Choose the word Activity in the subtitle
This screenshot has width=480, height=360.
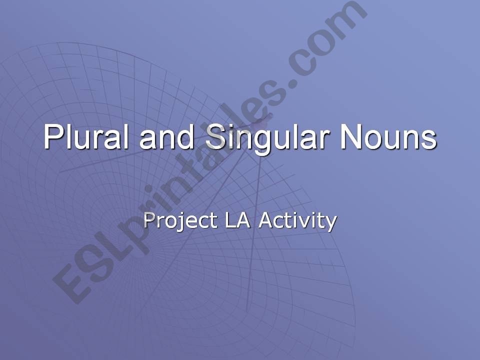tap(297, 220)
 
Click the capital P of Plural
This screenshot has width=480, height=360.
tap(52, 136)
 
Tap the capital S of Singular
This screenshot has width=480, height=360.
tap(215, 136)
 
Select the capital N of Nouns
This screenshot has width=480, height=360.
tap(349, 136)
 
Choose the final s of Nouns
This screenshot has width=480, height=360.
tap(429, 139)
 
